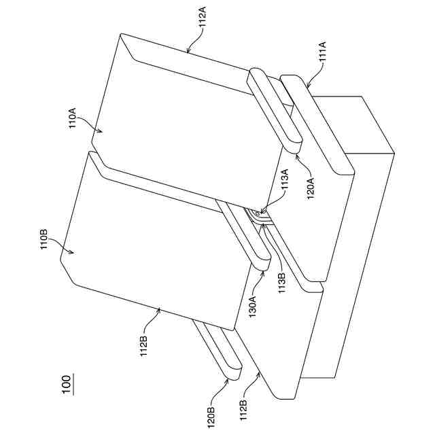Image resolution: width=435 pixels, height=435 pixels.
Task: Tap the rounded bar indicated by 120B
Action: [x=216, y=350]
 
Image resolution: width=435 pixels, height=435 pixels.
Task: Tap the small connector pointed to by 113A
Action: [x=257, y=215]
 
